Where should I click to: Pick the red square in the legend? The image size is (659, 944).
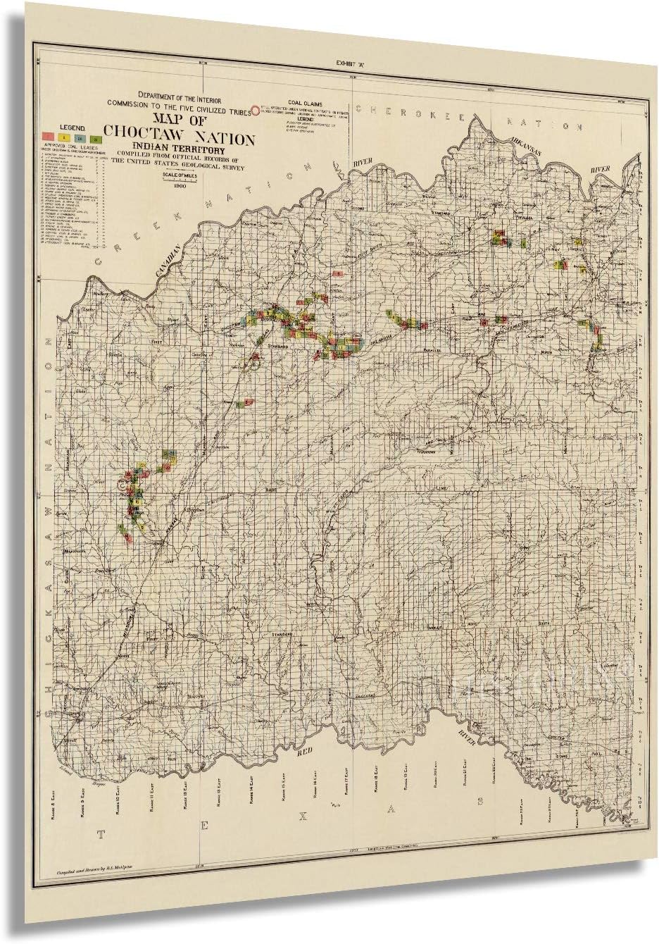46,135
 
